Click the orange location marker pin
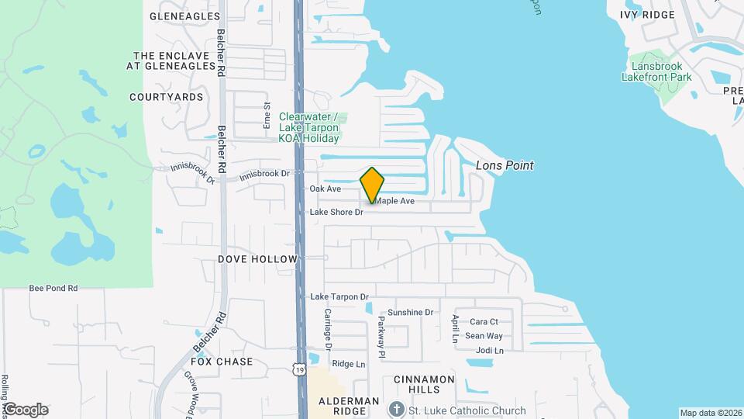pos(373,185)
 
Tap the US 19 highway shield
pos(300,371)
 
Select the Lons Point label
pos(505,166)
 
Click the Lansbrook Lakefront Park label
pos(656,71)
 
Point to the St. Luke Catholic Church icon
pos(396,409)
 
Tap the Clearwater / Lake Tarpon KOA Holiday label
pos(308,127)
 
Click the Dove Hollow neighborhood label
pos(257,258)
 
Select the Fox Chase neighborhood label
pos(222,362)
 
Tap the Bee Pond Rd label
pos(53,288)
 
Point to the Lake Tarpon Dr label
pos(339,296)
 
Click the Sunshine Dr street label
pos(410,312)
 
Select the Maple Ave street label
pos(395,201)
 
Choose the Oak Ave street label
pos(325,189)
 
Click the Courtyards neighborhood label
pos(167,97)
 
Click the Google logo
pos(26,409)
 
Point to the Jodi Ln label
pos(485,350)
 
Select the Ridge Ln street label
pos(348,364)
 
